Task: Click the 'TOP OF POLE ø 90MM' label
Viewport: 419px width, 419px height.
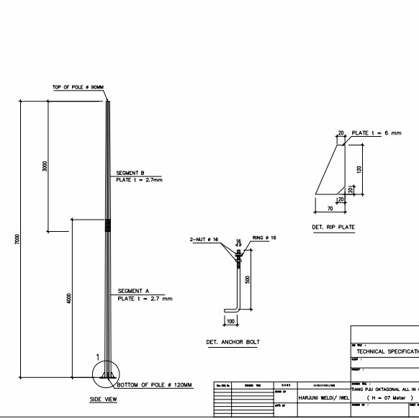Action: coord(78,87)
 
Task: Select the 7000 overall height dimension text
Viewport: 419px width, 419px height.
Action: coord(17,239)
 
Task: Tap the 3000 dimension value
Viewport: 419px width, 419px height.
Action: coord(45,166)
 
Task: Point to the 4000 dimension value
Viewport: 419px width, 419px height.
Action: coord(69,297)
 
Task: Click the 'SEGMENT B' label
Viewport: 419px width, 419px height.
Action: coord(131,173)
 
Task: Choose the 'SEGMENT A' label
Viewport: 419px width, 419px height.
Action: coord(133,291)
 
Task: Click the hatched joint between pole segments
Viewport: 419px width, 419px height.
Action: coord(108,225)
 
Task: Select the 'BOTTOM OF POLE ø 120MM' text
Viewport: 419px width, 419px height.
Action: coord(155,385)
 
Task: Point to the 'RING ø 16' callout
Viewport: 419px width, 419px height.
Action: coord(264,238)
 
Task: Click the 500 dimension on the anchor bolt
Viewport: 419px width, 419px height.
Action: coord(247,279)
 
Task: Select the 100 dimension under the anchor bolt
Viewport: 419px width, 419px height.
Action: coord(230,320)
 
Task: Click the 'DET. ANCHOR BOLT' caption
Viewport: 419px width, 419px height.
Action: coord(233,342)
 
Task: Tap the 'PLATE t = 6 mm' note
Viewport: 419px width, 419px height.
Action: coord(376,133)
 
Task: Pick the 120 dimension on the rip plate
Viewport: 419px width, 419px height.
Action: coord(359,169)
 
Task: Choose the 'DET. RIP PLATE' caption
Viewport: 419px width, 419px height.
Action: coord(333,227)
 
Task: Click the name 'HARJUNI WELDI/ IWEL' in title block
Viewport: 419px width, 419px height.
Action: coord(323,396)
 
